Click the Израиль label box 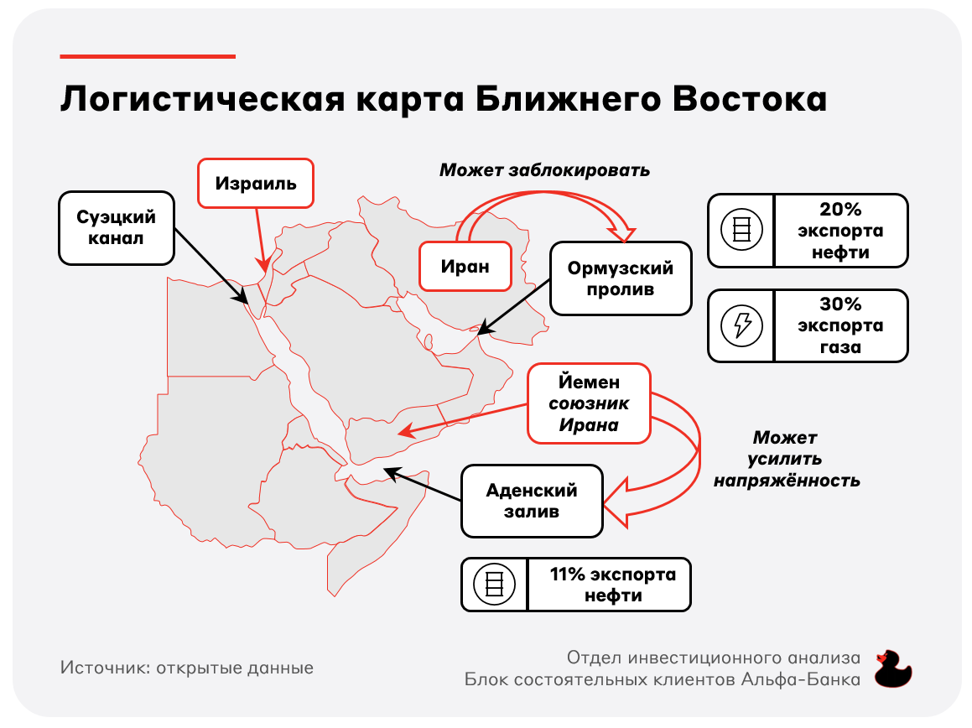coord(256,183)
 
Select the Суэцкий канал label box coord(116,227)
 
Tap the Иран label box coord(465,266)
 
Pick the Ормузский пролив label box coord(621,278)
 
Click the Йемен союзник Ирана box coord(589,403)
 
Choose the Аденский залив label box coord(532,501)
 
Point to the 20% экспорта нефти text coord(840,231)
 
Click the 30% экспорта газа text coord(840,325)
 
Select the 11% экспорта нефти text coord(612,584)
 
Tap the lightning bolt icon coord(741,325)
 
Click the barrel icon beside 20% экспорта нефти coord(741,230)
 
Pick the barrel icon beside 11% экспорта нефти coord(494,584)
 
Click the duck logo coord(892,669)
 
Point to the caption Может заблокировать coord(544,170)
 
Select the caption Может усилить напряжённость coord(786,459)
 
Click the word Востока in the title coord(750,99)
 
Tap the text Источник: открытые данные coord(186,668)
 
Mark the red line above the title coord(148,56)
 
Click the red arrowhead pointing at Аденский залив coord(620,502)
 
